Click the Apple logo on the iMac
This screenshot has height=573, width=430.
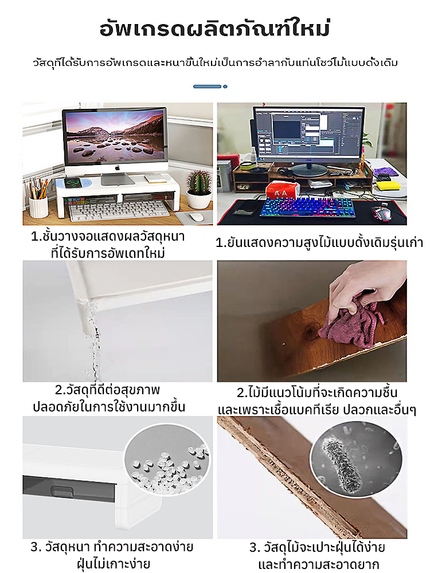118,168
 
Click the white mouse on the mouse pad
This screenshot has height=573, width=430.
196,217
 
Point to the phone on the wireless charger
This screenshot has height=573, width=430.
72,182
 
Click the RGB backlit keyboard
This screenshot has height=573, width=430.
307,207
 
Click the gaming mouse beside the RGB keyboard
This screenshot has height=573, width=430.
381,213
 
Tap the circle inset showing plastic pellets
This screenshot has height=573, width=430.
167,460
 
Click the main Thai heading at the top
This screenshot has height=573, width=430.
215,29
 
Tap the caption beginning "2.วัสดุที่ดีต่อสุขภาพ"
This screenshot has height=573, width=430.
108,398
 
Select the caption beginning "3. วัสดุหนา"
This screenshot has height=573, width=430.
112,555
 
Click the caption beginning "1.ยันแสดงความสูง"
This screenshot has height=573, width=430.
319,242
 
